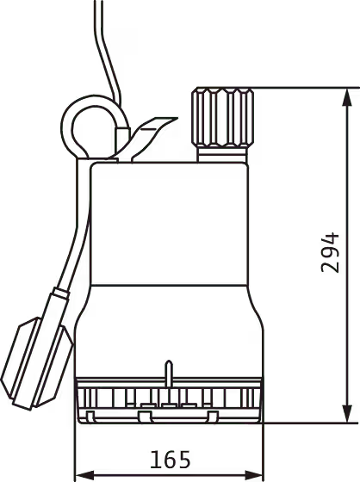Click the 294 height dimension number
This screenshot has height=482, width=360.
330,253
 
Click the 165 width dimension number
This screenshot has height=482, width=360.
171,460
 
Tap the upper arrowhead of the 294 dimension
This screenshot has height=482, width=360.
347,98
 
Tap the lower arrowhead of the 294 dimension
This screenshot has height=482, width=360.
347,413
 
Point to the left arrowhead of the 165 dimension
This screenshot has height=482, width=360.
85,475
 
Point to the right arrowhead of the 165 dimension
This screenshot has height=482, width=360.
253,475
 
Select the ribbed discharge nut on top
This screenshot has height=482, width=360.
222,117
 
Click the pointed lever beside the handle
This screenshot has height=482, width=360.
152,134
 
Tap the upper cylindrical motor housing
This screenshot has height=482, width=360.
169,224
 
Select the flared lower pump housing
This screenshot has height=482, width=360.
169,331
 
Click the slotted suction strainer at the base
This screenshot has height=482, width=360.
169,400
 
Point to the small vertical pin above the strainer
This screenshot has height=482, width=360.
168,373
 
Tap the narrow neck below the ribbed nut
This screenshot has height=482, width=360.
222,154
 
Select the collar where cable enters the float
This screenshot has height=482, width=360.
60,294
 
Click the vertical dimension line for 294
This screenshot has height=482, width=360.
347,256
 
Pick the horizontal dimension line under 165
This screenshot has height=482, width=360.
169,475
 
